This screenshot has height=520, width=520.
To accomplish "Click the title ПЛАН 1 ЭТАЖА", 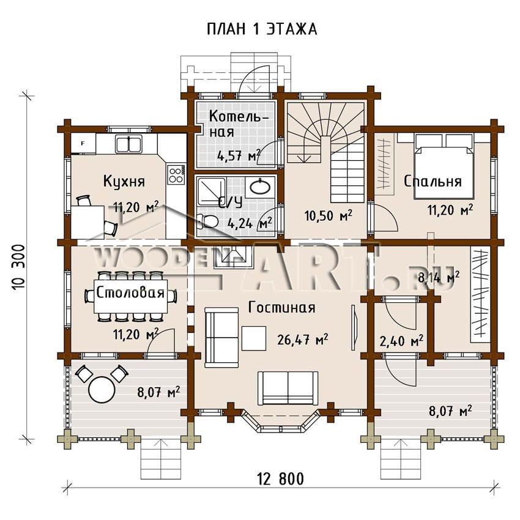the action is [262, 29].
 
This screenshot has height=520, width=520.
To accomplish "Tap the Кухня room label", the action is [124, 182].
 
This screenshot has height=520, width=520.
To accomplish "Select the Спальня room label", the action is [433, 182].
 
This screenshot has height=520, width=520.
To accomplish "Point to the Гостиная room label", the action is [281, 308].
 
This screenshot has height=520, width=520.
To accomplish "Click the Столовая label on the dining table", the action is [130, 293].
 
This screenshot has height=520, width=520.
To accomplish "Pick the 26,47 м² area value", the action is [302, 340].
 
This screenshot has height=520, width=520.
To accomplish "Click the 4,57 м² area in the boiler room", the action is [239, 155].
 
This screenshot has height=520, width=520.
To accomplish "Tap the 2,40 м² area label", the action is [401, 341].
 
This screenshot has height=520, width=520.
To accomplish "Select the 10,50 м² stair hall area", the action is [329, 216].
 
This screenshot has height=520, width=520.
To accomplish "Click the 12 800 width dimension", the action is [281, 479].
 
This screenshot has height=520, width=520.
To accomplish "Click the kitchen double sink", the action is [128, 144].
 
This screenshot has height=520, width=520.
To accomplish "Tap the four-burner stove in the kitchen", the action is [176, 174].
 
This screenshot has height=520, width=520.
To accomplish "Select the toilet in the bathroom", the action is [207, 221].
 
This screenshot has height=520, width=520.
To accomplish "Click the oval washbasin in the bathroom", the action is [260, 187].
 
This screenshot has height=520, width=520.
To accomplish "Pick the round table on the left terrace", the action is [102, 390].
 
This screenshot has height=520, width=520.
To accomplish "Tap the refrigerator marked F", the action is [83, 144].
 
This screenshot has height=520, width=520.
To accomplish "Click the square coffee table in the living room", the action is [254, 338].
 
